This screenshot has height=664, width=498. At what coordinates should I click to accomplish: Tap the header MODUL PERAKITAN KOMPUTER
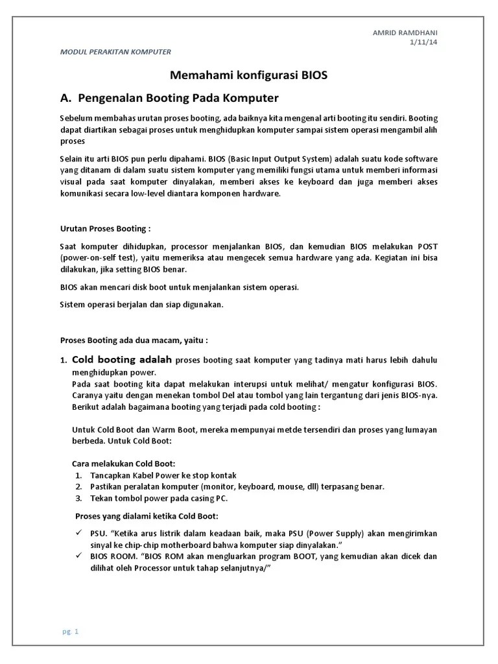tap(115, 52)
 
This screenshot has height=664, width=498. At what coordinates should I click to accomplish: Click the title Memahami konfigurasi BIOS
tap(248, 75)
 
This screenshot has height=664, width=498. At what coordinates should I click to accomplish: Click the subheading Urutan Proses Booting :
tap(105, 229)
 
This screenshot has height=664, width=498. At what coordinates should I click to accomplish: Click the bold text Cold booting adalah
tap(121, 359)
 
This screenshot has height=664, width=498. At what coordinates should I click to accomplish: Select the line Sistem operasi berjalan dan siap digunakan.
tap(141, 305)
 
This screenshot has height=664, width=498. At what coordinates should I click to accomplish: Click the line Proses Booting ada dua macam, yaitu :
tap(134, 339)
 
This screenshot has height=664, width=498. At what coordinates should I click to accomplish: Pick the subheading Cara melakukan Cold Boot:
tap(123, 464)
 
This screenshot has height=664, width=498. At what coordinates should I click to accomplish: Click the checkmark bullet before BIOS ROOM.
tap(78, 556)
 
